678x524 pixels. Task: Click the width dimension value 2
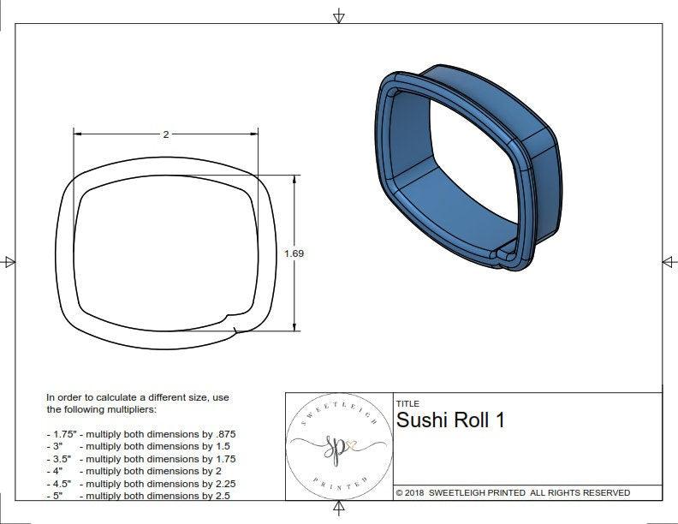(165, 134)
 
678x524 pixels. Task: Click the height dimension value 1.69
(294, 253)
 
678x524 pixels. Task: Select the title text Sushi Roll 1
(450, 420)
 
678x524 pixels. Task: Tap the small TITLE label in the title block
(407, 403)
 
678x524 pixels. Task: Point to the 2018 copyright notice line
(512, 493)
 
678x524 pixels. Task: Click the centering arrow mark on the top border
(339, 16)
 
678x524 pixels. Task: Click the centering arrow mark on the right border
(669, 261)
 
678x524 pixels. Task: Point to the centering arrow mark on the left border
(9, 261)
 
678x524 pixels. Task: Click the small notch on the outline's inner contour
(229, 319)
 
